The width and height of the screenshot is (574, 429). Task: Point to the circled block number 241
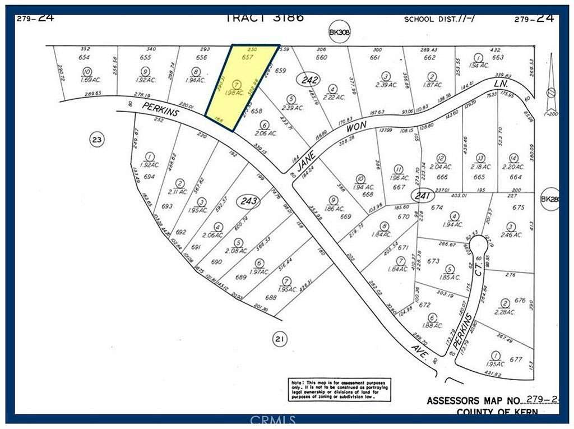(x=420, y=196)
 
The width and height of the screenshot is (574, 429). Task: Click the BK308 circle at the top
(x=339, y=33)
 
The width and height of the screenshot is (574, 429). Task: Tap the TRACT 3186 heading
(x=265, y=17)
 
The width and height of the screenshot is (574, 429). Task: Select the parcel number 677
(x=516, y=359)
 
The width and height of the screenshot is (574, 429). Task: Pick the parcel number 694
(x=149, y=176)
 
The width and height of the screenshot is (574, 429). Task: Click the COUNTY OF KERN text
(x=497, y=412)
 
